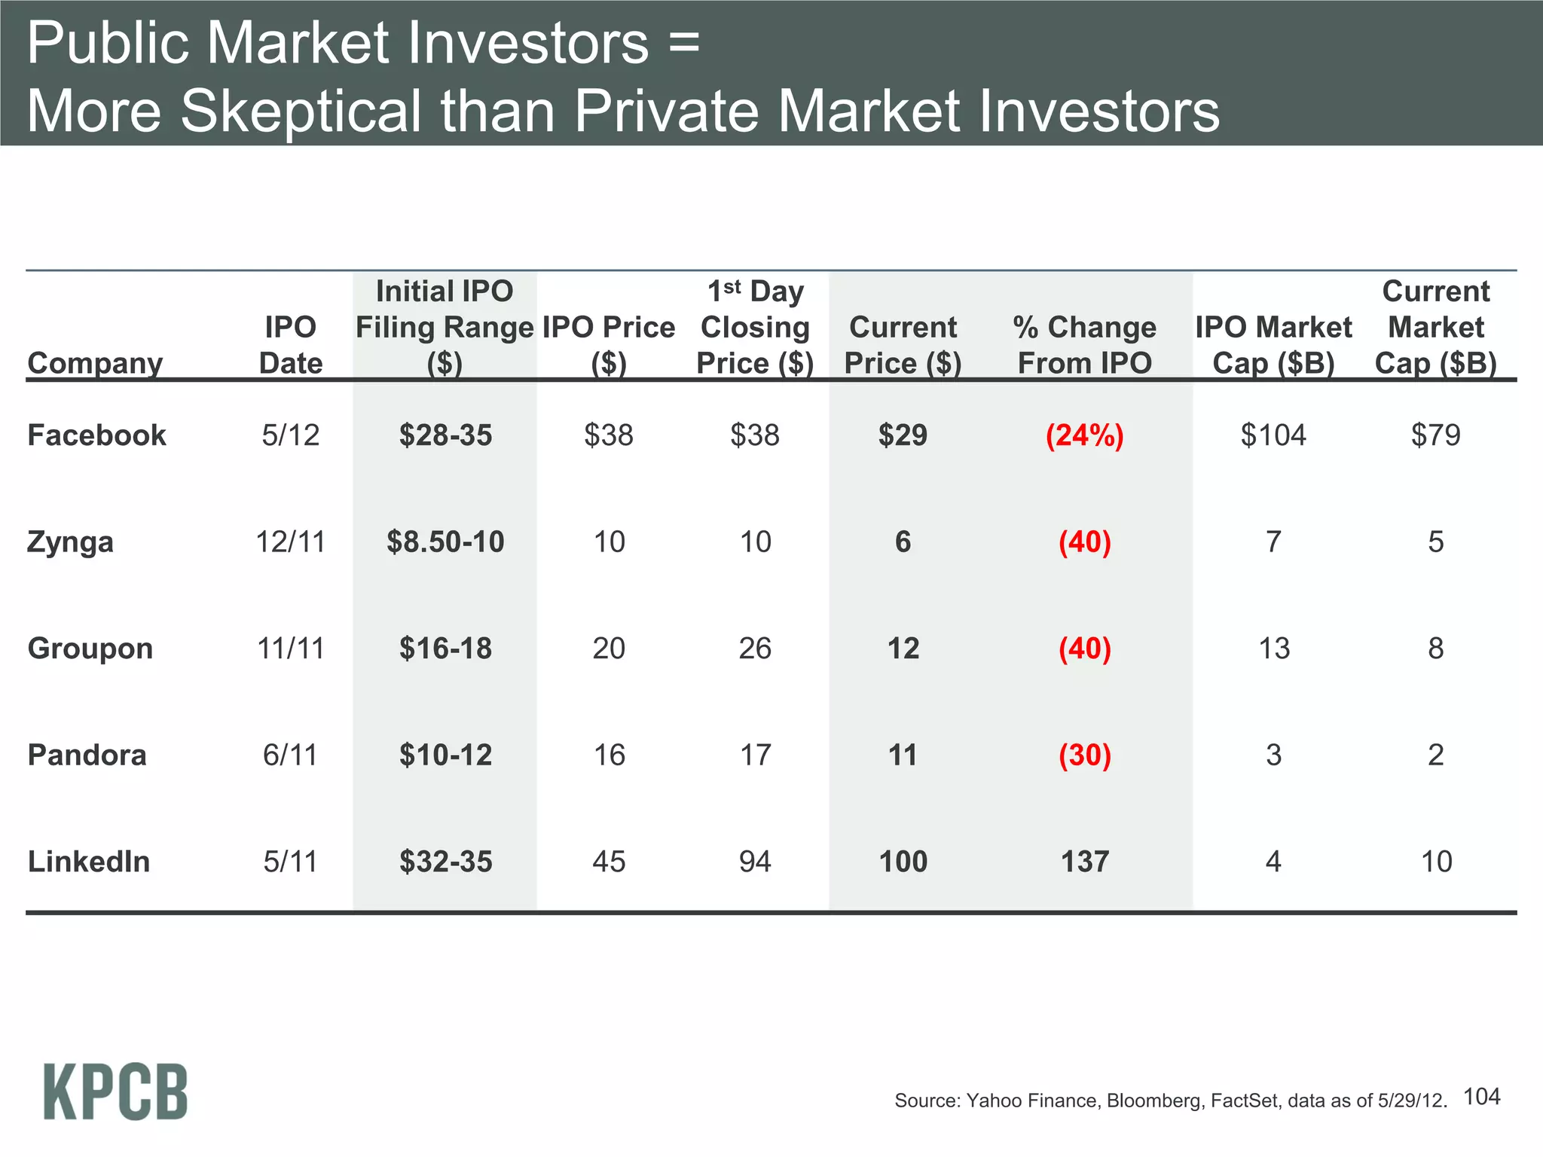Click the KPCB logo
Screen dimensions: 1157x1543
115,1091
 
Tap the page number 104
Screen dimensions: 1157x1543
1481,1097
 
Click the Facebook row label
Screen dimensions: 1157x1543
96,435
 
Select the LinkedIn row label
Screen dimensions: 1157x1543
89,862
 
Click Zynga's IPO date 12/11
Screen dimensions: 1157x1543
290,542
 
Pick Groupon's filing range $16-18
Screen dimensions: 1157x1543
445,649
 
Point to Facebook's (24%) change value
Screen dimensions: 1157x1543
1084,435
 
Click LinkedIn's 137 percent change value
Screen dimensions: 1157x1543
1084,862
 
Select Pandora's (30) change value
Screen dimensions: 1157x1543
1084,755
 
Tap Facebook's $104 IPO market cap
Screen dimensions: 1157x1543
1273,435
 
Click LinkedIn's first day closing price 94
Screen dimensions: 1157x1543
755,862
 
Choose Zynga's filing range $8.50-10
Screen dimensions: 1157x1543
445,542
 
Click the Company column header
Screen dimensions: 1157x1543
95,363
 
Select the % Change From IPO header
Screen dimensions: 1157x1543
1084,345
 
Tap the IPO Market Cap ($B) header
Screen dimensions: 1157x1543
1273,345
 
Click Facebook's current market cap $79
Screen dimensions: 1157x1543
1435,435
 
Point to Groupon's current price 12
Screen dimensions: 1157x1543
903,649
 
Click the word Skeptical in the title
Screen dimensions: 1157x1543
301,111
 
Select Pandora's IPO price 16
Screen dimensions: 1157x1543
609,755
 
